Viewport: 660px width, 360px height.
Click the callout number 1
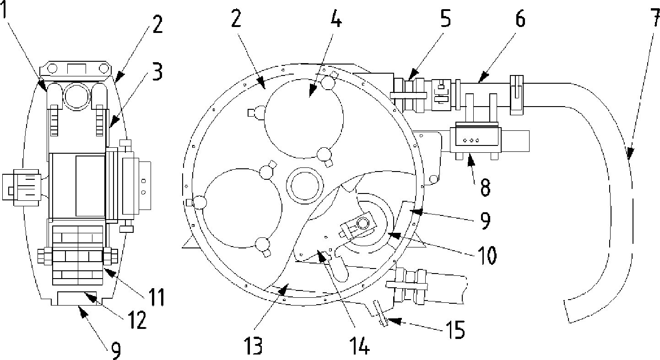(4, 10)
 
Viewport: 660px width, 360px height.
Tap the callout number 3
(157, 71)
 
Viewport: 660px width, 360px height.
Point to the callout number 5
(445, 18)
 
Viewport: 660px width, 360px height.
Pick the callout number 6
(520, 18)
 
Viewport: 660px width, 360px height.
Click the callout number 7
(655, 18)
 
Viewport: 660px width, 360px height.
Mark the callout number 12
(137, 320)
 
